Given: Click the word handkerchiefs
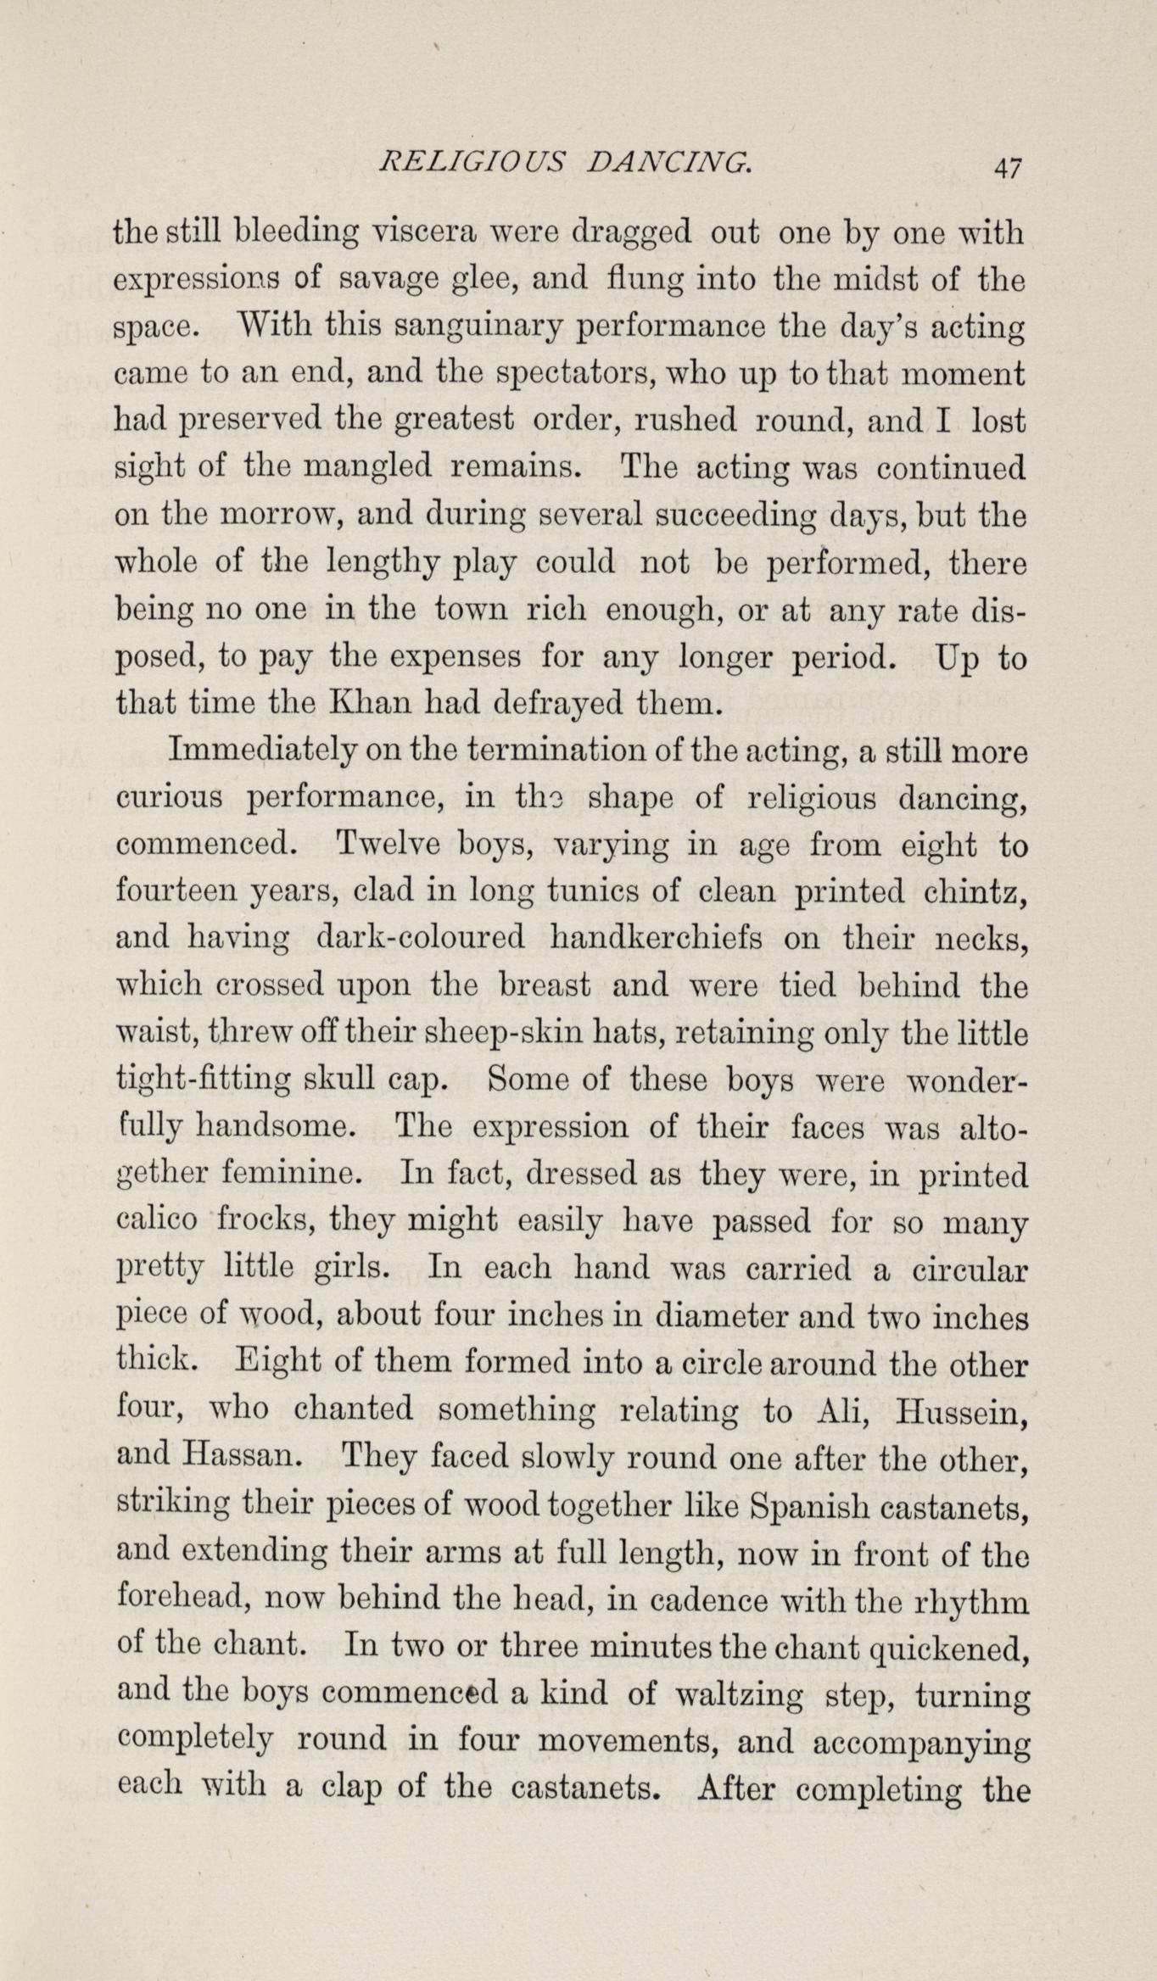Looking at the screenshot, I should coord(657,939).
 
